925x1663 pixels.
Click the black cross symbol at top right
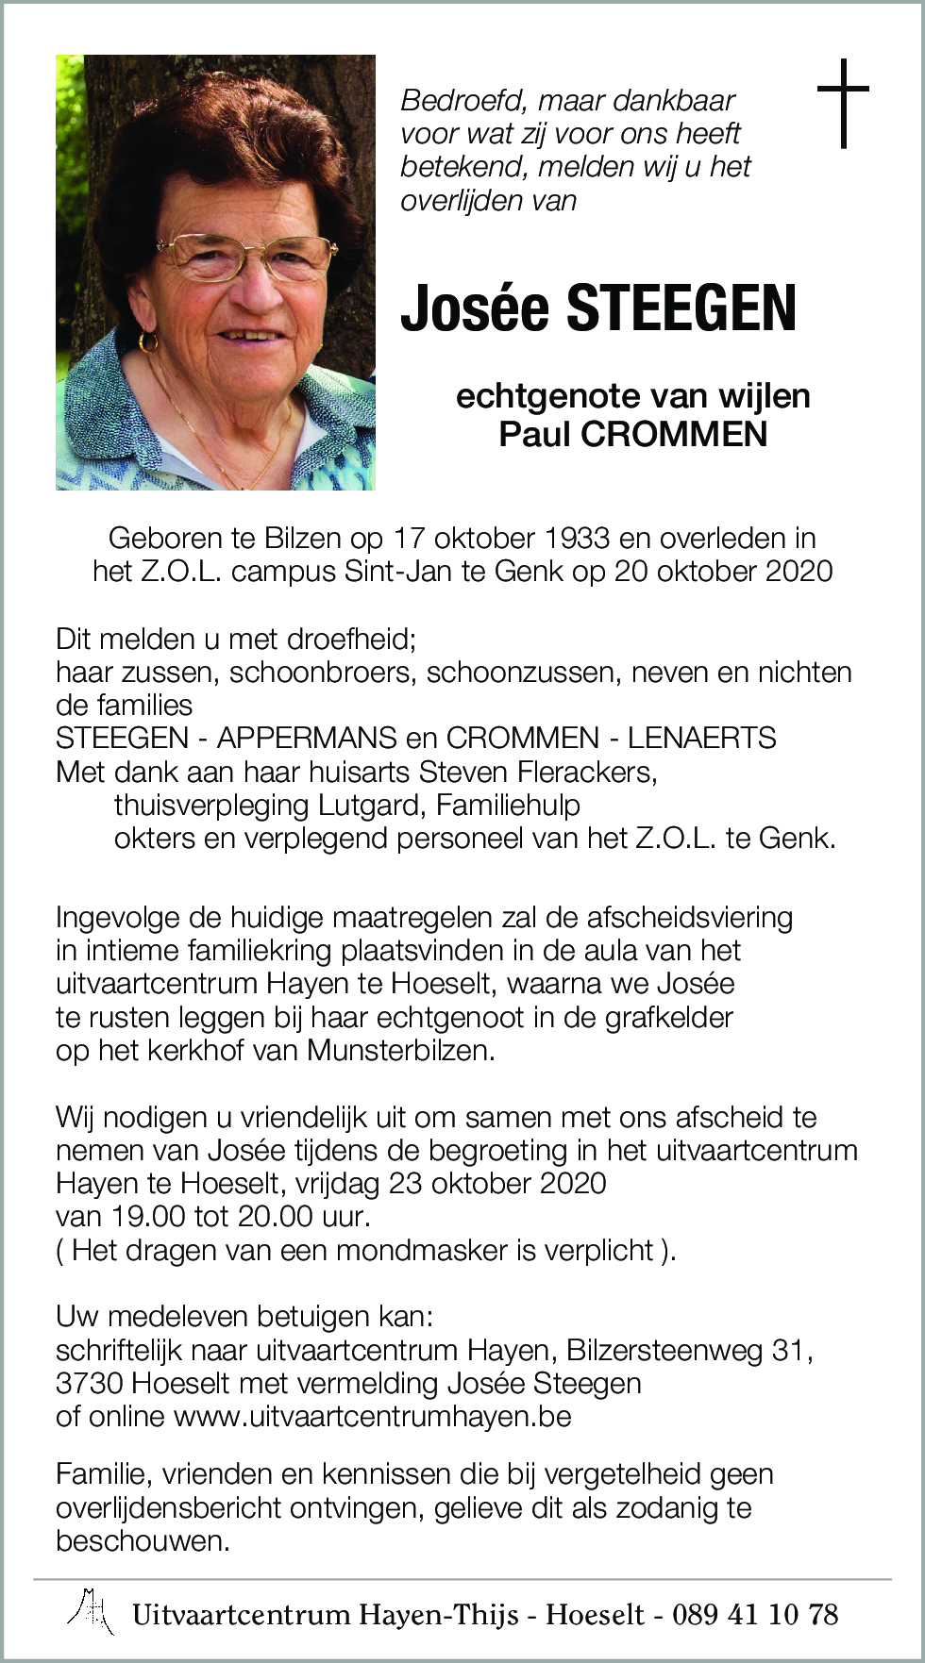[x=843, y=103]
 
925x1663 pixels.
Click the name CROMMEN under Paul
[x=674, y=434]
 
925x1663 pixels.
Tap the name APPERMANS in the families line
[x=308, y=738]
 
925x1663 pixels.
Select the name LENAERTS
[x=702, y=738]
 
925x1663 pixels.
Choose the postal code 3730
[x=90, y=1384]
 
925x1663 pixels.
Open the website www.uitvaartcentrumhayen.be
[x=373, y=1417]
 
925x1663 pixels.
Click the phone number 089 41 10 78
[x=755, y=1614]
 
